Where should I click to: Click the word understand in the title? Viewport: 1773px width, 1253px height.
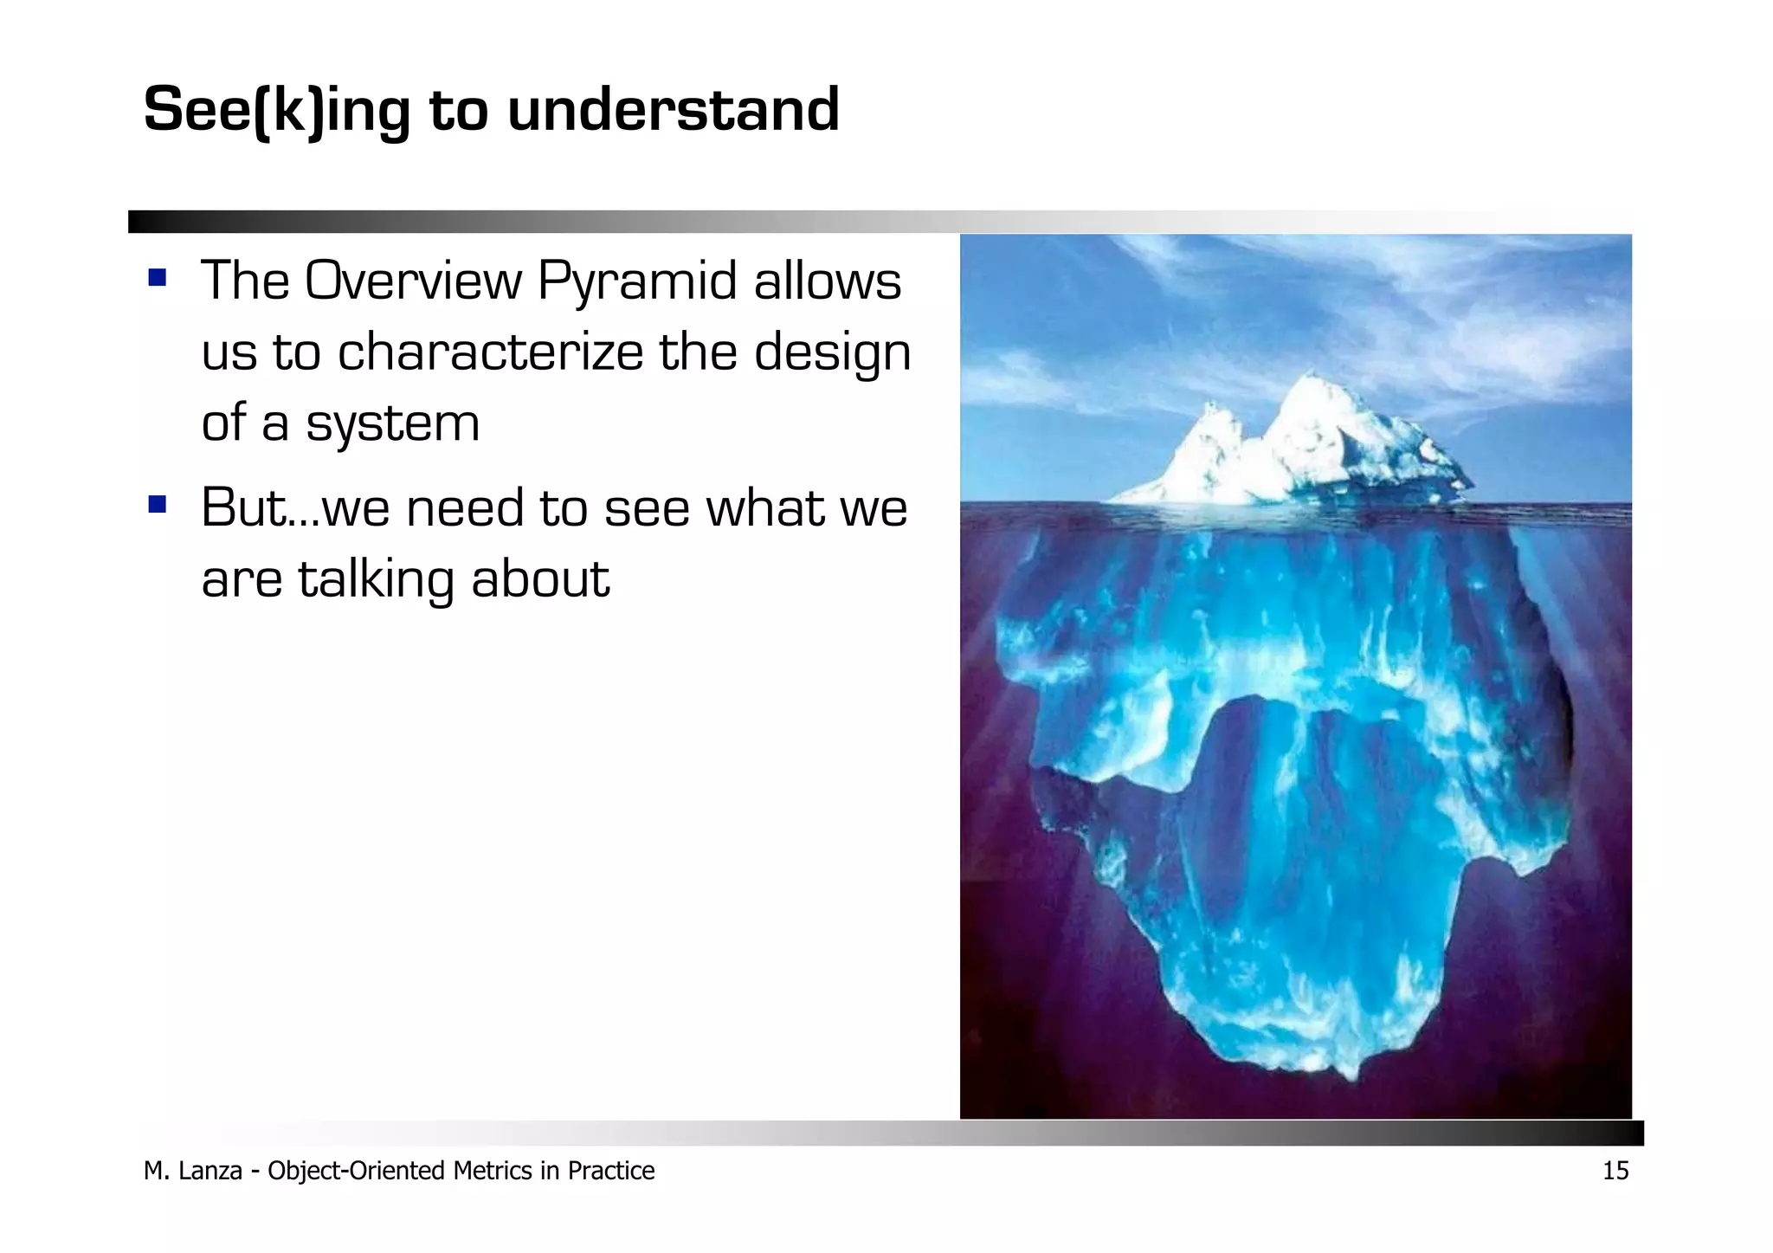(673, 111)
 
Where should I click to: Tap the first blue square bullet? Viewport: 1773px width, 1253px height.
(157, 278)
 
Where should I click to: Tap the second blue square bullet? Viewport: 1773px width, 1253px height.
(157, 504)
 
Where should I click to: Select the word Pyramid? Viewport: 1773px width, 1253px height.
(636, 282)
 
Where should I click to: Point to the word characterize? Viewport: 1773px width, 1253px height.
(490, 352)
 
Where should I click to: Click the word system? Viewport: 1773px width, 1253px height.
(391, 425)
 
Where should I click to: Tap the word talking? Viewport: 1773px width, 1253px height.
(375, 580)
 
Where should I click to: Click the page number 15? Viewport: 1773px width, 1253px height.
(1615, 1171)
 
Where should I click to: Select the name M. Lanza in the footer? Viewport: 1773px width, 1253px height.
(192, 1171)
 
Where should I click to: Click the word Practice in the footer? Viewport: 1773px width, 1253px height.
(610, 1171)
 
